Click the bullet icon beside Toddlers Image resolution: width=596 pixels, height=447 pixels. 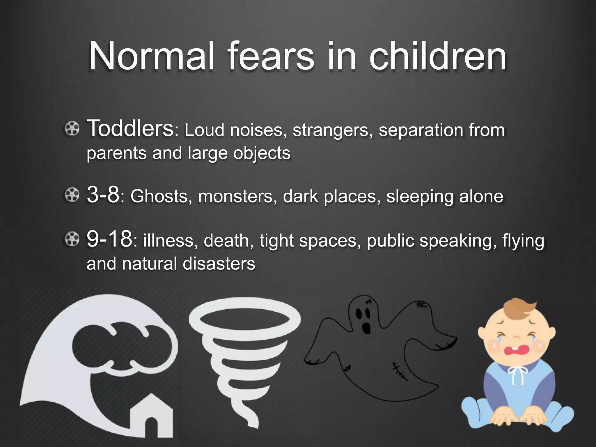[72, 128]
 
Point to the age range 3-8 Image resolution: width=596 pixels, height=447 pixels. [103, 195]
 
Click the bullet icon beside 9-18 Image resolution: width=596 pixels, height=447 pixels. [72, 240]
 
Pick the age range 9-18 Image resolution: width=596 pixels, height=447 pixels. [109, 240]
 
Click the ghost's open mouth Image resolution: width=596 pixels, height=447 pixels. [365, 328]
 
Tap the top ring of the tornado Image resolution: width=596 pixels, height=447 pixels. [244, 320]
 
